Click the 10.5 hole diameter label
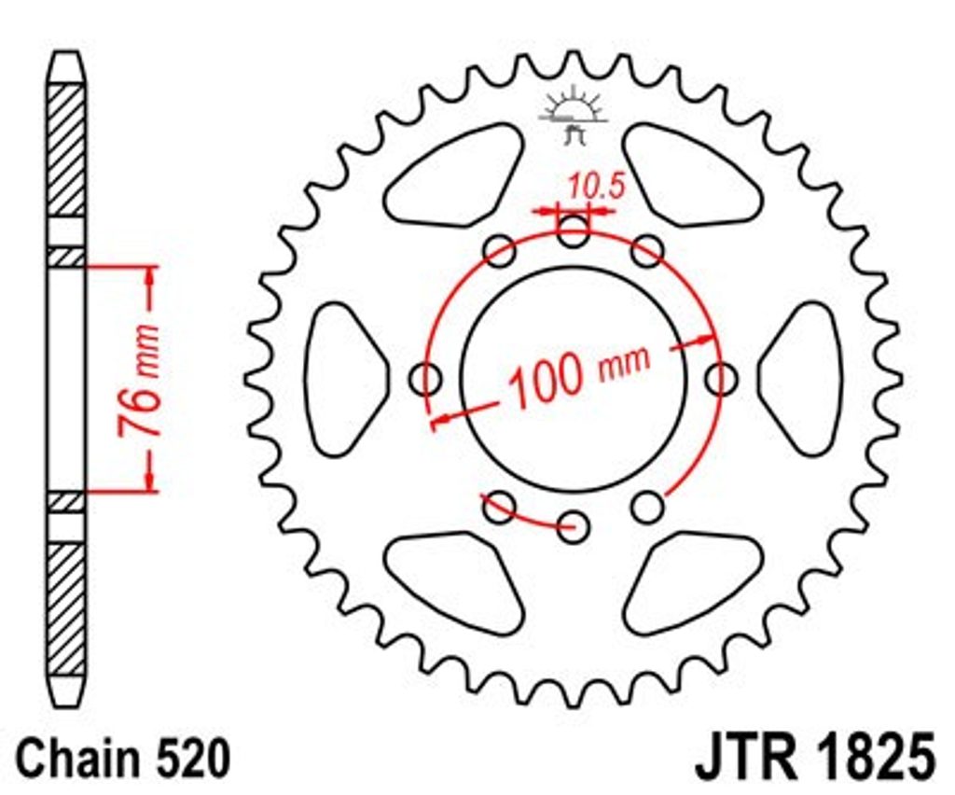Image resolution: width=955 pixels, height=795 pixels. click(x=596, y=186)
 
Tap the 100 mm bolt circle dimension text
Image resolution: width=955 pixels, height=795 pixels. click(x=578, y=375)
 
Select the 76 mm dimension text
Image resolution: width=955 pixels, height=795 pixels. click(x=140, y=382)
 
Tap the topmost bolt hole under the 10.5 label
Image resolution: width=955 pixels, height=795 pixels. click(x=574, y=230)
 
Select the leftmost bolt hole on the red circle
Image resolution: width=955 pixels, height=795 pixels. click(x=425, y=379)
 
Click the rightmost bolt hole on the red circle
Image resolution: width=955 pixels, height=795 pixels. click(x=721, y=379)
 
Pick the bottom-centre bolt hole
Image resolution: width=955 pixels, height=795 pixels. click(x=574, y=526)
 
